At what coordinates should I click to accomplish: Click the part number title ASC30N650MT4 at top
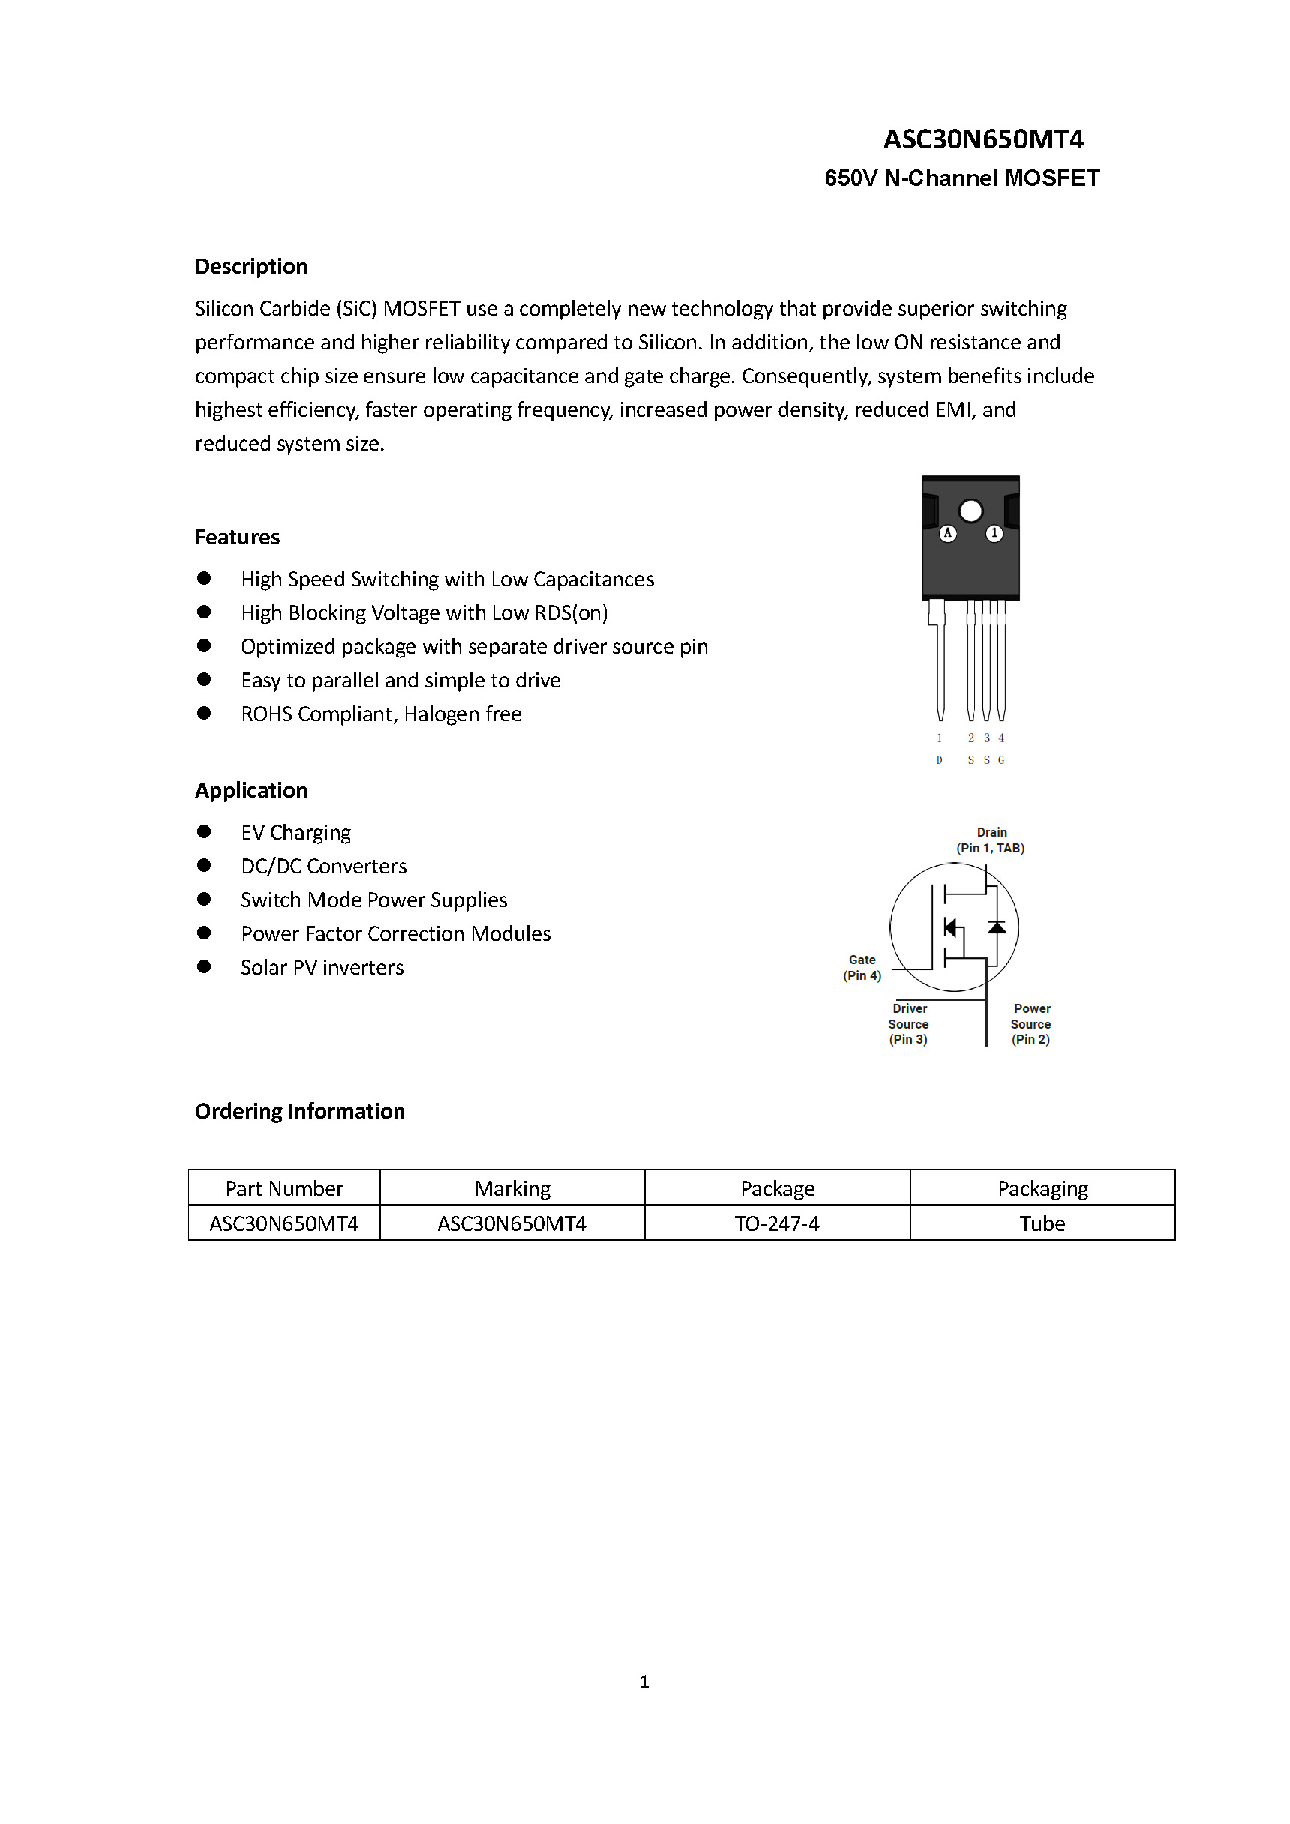[983, 140]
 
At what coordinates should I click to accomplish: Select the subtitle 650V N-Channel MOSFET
[961, 178]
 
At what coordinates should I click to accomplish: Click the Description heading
[251, 266]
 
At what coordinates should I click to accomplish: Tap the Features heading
[238, 537]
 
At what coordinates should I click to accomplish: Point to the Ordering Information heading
[300, 1110]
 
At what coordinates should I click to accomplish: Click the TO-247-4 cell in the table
[776, 1223]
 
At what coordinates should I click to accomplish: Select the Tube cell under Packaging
[1042, 1223]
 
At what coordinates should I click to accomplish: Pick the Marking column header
[511, 1188]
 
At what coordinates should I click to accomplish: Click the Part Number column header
[283, 1188]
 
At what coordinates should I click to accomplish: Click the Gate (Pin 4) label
[862, 968]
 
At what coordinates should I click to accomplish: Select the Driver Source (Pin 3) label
[908, 1024]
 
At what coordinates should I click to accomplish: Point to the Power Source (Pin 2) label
[1031, 1024]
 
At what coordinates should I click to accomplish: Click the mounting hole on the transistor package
[970, 511]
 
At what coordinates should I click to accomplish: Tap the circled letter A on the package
[947, 533]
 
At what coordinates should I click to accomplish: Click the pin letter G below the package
[1001, 760]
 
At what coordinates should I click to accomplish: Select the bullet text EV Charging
[295, 833]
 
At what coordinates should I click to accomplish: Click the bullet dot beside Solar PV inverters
[204, 967]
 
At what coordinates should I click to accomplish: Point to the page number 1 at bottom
[644, 1681]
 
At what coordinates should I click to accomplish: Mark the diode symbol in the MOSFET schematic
[997, 927]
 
